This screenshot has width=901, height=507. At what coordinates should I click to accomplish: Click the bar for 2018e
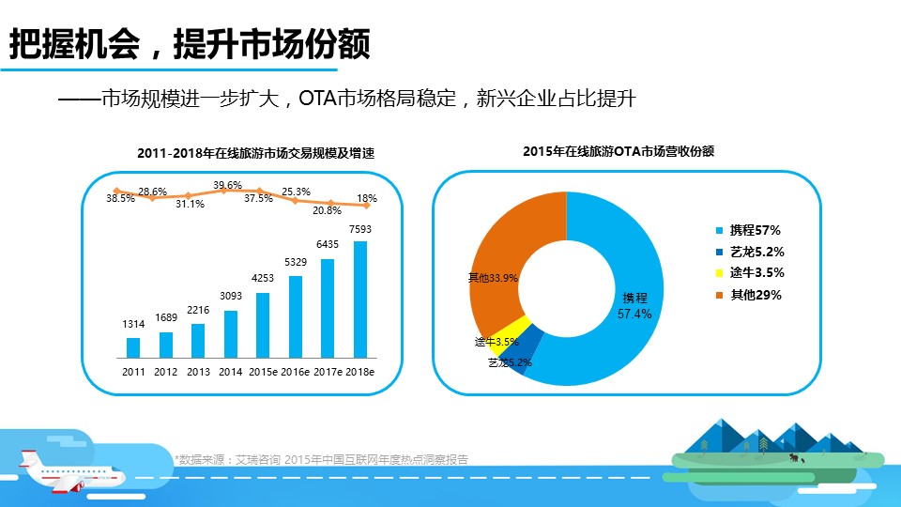[359, 300]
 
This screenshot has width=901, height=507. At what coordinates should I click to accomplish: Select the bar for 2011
[133, 347]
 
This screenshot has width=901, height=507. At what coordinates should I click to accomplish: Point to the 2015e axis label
[263, 372]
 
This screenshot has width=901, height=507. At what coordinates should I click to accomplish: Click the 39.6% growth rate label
[227, 185]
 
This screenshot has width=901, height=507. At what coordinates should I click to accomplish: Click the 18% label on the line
[367, 199]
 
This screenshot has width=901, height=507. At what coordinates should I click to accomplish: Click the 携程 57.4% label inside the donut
[634, 306]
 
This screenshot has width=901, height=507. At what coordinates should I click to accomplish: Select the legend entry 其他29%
[756, 295]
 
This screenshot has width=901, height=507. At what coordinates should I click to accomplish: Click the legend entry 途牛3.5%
[756, 273]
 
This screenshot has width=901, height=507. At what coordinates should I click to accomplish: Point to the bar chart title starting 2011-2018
[255, 152]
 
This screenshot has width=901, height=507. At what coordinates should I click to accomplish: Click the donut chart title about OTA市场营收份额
[618, 150]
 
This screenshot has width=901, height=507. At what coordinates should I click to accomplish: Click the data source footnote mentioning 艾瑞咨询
[321, 459]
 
